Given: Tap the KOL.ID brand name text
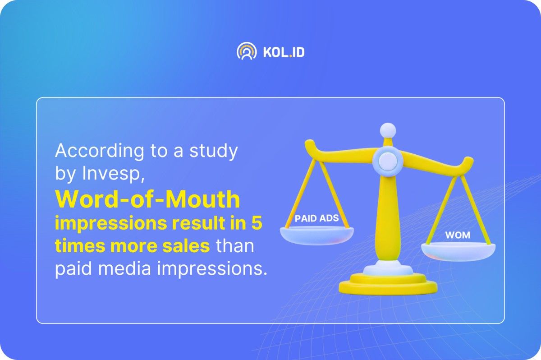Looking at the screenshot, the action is pos(284,52).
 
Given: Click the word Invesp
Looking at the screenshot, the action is pos(113,174).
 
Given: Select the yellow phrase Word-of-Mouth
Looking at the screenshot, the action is pos(147,199).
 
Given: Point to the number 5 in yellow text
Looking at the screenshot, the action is pos(257,223).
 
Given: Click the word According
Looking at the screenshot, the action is pos(100,151).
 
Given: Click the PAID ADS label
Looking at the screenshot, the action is pos(316,218).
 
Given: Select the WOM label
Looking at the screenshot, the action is pos(458,235).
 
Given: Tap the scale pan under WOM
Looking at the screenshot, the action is pos(458,252).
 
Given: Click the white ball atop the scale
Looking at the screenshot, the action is pos(388,130).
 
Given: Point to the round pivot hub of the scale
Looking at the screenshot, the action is pos(388,161).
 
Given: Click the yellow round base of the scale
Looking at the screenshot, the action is pos(388,285).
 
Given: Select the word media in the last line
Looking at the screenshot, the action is pos(124,268).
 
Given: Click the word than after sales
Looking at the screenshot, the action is pos(235,246).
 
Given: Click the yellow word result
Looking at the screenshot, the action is pos(198,223).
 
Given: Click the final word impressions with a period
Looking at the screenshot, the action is pos(212,269).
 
